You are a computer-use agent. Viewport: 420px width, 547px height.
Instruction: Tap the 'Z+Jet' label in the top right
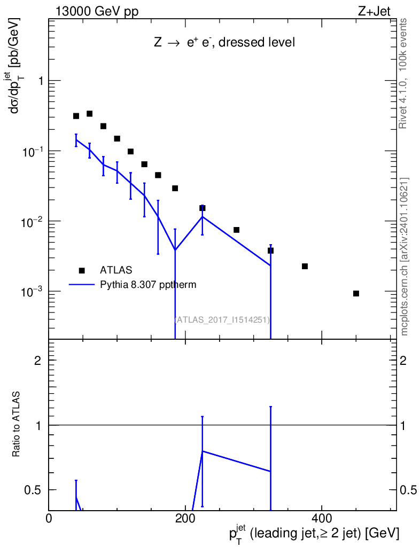pos(379,12)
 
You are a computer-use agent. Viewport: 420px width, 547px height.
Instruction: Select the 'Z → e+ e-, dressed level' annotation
pos(224,43)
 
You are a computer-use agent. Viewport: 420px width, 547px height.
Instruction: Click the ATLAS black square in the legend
pos(82,270)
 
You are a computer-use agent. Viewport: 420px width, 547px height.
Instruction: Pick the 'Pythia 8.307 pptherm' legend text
pos(148,285)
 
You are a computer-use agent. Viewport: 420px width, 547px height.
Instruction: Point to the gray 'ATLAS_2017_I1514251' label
pos(222,320)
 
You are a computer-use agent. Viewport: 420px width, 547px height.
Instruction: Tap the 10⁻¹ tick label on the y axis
pos(33,151)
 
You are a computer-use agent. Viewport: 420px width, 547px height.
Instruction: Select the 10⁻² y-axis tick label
pos(33,221)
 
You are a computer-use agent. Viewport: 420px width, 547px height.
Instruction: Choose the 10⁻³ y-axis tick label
pos(33,292)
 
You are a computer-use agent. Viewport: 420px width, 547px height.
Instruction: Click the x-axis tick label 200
pos(185,518)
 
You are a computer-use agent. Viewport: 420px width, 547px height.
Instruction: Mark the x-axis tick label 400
pos(321,518)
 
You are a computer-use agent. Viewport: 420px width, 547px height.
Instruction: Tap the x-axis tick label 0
pos(49,518)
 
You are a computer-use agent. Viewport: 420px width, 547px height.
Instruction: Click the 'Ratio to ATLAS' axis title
pos(18,425)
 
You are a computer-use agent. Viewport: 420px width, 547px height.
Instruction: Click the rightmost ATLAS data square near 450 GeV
pos(356,293)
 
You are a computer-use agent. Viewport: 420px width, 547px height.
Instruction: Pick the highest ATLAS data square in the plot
pos(90,114)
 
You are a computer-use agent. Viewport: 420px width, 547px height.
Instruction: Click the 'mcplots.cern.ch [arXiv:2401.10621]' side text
pos(405,256)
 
